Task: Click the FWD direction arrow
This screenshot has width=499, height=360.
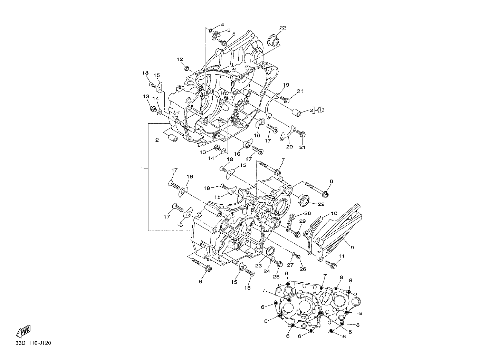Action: coord(23,331)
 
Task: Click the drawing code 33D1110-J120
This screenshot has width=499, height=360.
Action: coord(33,343)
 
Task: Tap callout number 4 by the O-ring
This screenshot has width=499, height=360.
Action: coord(222,25)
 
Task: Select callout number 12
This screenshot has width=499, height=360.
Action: coord(180,59)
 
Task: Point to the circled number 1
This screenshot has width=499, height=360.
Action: coord(320,110)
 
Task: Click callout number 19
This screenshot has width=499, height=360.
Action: coord(286,85)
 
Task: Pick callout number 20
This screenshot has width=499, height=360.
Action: coord(289,147)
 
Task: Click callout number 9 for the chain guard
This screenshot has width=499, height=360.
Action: coord(352,247)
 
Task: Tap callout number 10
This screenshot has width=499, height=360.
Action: coord(334,214)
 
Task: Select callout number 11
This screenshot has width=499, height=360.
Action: coord(342,256)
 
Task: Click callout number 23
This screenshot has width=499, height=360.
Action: coord(258,266)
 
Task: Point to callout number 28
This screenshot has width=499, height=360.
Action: coord(308,214)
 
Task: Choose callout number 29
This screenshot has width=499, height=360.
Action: coord(303,221)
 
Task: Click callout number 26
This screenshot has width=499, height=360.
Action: coord(303,269)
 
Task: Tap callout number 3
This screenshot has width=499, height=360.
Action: coord(229,30)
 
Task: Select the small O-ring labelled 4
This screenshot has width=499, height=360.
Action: coord(210,30)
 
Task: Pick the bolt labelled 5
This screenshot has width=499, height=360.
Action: coord(223,42)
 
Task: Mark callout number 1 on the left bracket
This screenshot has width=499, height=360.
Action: coord(142,169)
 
